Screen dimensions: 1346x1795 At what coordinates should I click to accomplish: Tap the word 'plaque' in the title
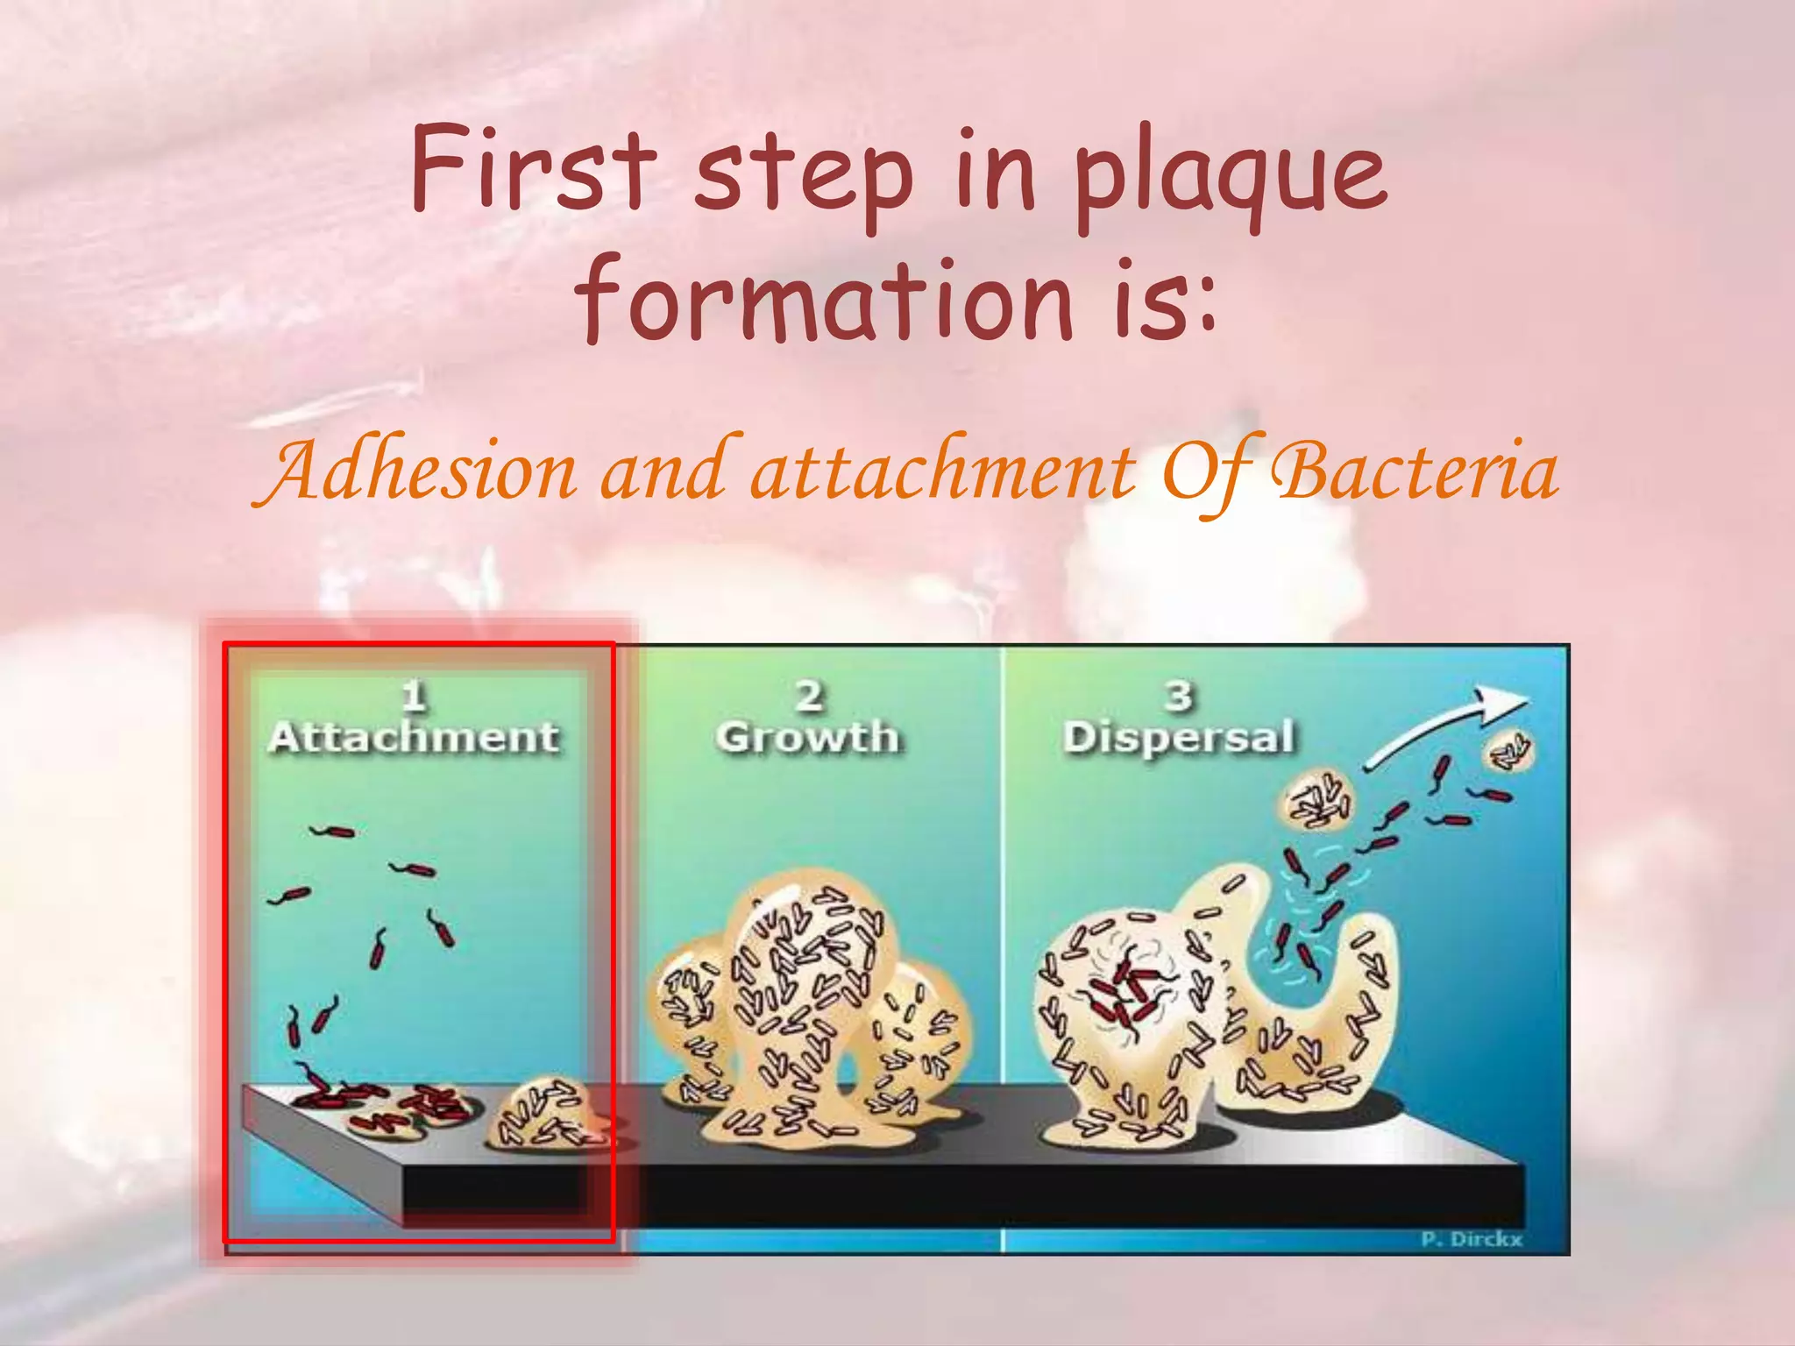pyautogui.click(x=1231, y=175)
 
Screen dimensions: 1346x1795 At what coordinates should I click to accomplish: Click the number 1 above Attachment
pyautogui.click(x=414, y=697)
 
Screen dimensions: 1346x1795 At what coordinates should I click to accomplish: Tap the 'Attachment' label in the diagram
pyautogui.click(x=414, y=737)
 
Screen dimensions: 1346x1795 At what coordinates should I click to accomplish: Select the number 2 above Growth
pyautogui.click(x=809, y=697)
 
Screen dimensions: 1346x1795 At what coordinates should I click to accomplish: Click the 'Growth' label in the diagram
pyautogui.click(x=807, y=737)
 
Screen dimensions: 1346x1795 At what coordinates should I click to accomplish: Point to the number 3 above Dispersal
pyautogui.click(x=1179, y=697)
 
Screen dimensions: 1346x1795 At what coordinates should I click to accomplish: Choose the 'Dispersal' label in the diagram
pyautogui.click(x=1179, y=737)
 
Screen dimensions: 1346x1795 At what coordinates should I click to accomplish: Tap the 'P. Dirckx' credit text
pyautogui.click(x=1472, y=1239)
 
